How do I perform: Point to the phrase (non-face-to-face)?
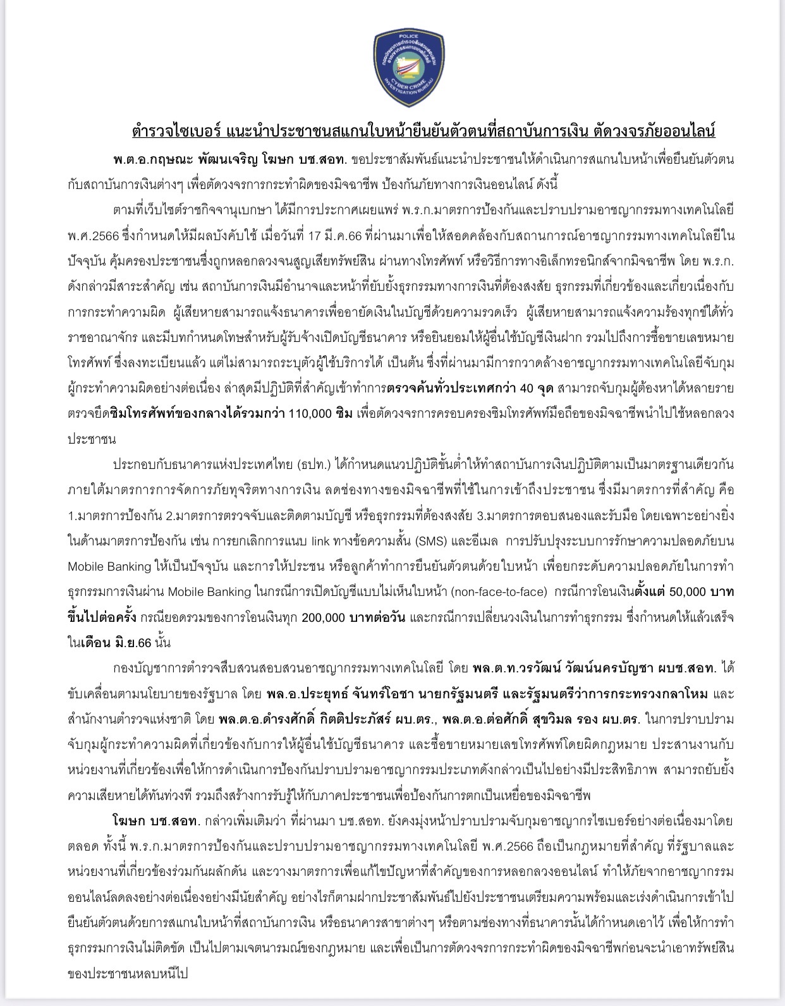[x=499, y=592]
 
